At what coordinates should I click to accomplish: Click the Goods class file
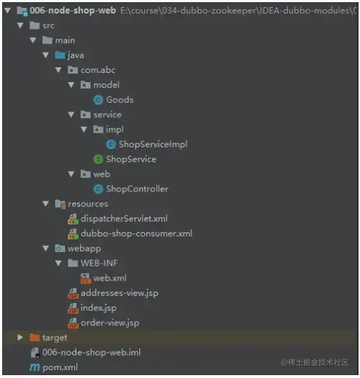point(120,100)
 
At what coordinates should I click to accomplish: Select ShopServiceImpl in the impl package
point(153,144)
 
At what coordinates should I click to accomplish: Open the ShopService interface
point(131,159)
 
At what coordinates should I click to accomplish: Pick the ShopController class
point(137,189)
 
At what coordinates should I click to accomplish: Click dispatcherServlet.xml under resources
point(124,219)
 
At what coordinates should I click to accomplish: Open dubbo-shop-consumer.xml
point(136,234)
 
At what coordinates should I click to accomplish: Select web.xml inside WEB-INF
point(110,278)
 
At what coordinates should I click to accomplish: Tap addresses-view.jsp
point(119,293)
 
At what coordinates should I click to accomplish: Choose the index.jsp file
point(99,308)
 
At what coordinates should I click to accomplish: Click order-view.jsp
point(110,323)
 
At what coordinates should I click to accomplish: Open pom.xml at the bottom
point(60,367)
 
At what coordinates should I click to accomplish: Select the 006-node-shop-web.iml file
point(91,352)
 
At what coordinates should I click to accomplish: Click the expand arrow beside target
point(20,337)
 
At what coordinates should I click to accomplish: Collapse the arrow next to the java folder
point(46,55)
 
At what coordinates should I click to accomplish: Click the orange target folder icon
point(34,337)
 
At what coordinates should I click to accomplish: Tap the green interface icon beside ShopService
point(98,159)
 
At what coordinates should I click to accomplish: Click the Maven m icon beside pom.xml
point(34,367)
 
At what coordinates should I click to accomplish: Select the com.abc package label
point(98,70)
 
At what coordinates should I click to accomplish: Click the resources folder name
point(88,204)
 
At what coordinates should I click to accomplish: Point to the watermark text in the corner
point(314,362)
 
